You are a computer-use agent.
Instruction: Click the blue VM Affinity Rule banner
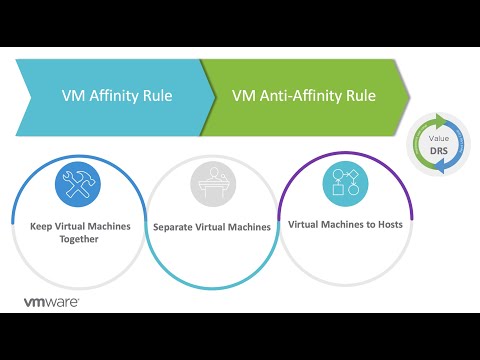(110, 97)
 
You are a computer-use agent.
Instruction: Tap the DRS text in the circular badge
(437, 151)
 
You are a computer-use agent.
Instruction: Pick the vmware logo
(52, 300)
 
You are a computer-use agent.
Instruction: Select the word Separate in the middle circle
(174, 227)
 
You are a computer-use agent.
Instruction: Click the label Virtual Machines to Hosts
(345, 224)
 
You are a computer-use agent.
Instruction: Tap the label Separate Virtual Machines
(212, 227)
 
